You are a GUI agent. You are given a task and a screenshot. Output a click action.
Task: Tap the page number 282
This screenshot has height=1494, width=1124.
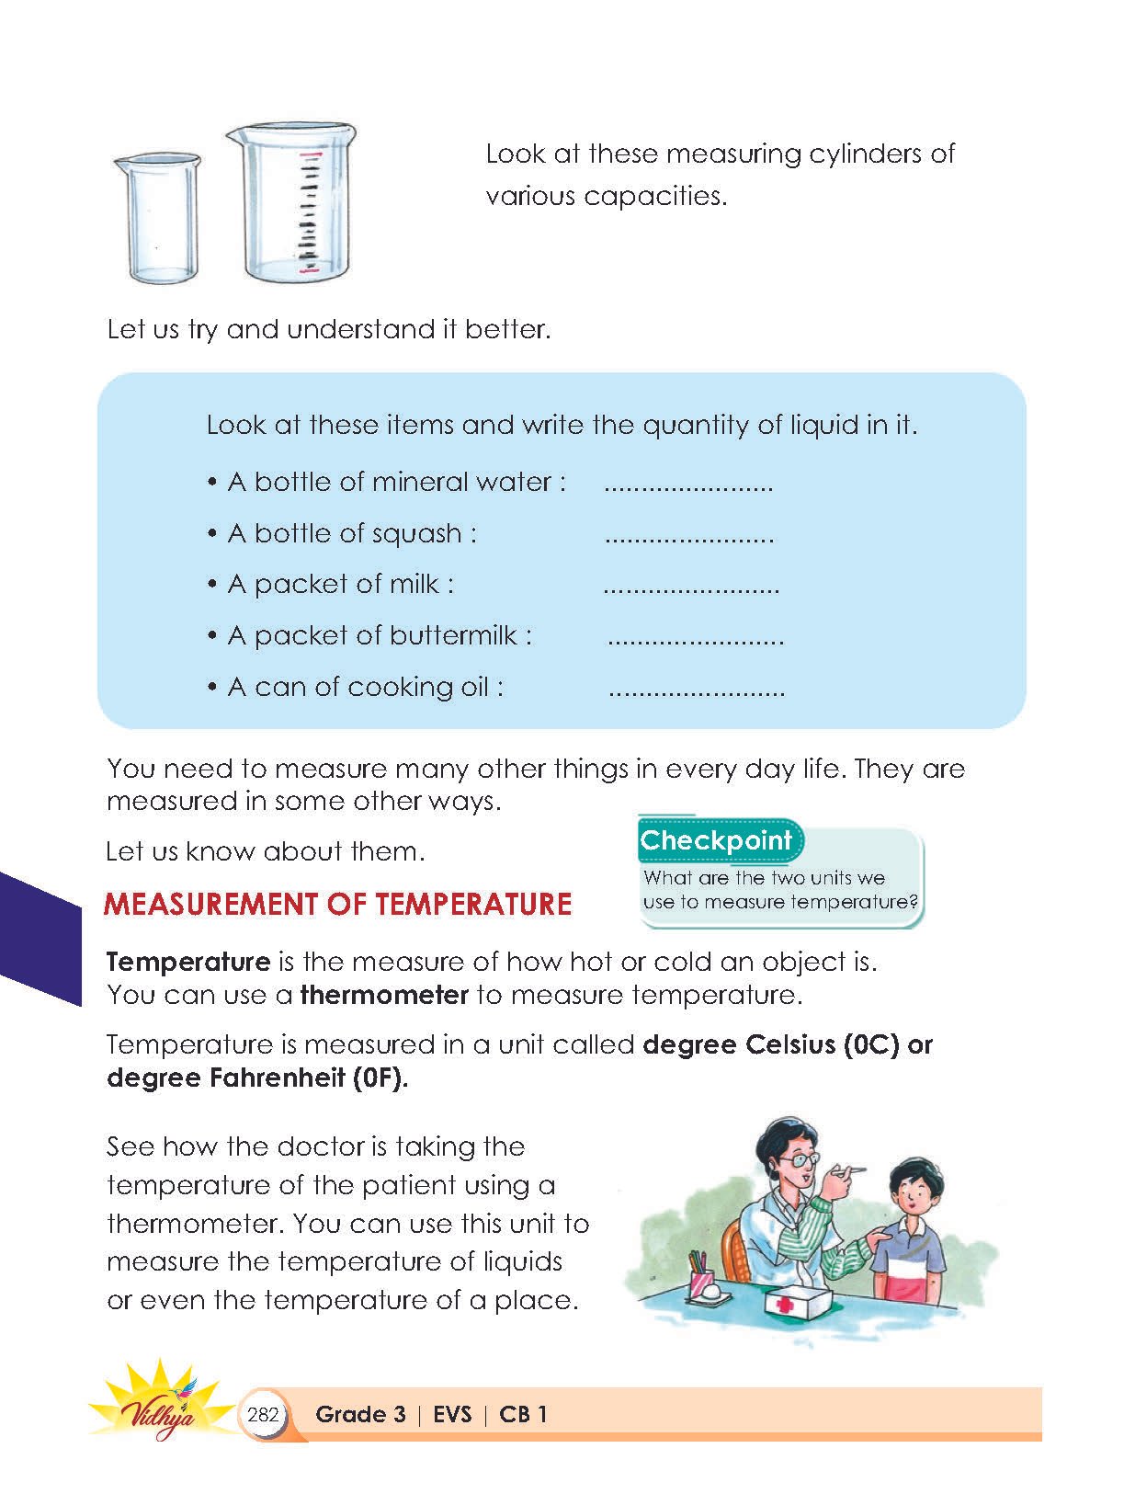pyautogui.click(x=263, y=1414)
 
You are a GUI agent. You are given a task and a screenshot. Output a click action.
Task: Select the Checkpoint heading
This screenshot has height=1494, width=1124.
pyautogui.click(x=716, y=839)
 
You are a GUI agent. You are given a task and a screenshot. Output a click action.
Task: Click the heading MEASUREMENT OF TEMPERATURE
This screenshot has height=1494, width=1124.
pyautogui.click(x=338, y=904)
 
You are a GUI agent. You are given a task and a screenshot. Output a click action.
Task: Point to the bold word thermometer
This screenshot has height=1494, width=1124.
pyautogui.click(x=384, y=995)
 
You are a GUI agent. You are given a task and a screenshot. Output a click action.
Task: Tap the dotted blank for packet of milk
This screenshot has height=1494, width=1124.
pyautogui.click(x=690, y=589)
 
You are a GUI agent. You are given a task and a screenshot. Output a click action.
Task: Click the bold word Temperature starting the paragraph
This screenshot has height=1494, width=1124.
pyautogui.click(x=188, y=962)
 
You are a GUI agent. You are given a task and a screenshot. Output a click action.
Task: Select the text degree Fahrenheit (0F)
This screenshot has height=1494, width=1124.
pyautogui.click(x=257, y=1077)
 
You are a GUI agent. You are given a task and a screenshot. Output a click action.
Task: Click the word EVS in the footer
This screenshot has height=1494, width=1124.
pyautogui.click(x=452, y=1414)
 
